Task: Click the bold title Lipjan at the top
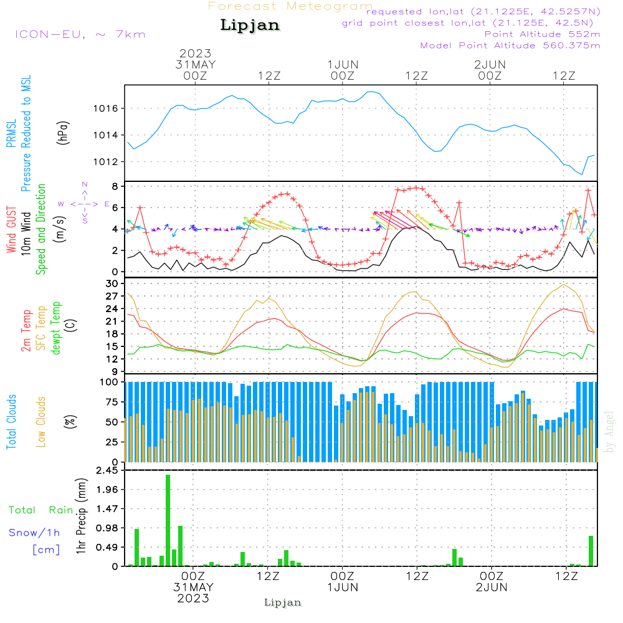click(x=250, y=25)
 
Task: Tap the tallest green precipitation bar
click(x=168, y=520)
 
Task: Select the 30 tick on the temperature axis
click(x=113, y=283)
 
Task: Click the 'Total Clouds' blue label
click(x=11, y=422)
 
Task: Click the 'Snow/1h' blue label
click(x=35, y=533)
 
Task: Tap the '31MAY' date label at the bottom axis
click(x=194, y=587)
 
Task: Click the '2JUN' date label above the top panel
click(x=490, y=65)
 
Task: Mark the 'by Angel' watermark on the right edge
click(x=609, y=431)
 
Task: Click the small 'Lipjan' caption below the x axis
click(x=283, y=602)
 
